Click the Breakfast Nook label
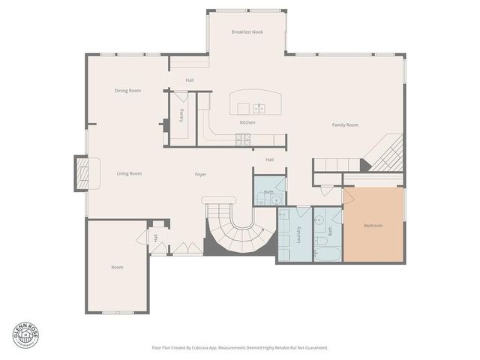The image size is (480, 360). pos(247,32)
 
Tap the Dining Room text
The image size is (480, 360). pos(127,91)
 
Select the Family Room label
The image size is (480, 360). pos(345,124)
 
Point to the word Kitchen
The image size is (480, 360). pos(247,122)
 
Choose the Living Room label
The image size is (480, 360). pos(129,173)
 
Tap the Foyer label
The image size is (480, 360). pos(200,174)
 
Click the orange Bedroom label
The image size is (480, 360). pos(373,226)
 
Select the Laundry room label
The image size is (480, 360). pos(298,234)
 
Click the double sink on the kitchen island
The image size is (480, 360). pos(259,107)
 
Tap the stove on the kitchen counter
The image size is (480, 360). pos(243,138)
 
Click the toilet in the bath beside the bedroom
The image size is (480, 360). pos(319,241)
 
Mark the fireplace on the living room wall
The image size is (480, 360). pos(81,173)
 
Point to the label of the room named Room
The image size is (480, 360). pos(117,267)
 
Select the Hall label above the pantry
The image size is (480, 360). pos(190,80)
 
